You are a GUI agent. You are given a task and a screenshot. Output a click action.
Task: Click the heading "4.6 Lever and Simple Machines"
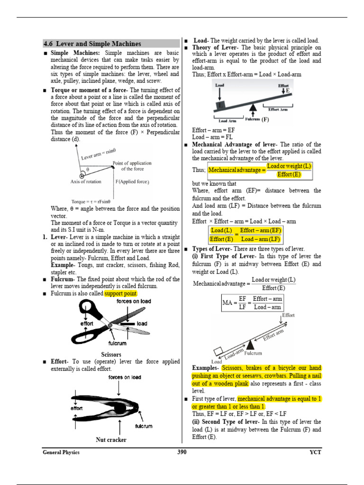tap(92, 44)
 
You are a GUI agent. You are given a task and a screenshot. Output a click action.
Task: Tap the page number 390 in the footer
tap(182, 452)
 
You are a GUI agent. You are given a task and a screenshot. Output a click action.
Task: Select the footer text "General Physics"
tap(61, 452)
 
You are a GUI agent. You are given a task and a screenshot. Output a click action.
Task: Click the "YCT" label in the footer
tap(315, 452)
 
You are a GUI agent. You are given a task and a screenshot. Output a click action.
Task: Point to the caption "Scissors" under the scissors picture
tap(111, 354)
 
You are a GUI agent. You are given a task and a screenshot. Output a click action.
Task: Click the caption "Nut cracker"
tap(111, 440)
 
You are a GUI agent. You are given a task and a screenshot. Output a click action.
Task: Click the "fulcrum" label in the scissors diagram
tap(117, 343)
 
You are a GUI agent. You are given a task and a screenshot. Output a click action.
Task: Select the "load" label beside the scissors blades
tap(142, 323)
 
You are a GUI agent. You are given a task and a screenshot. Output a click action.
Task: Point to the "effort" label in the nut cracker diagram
tap(77, 408)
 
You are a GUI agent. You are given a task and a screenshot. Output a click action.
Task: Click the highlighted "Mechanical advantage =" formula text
tap(237, 170)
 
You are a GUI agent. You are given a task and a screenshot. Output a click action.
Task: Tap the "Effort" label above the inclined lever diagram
tap(288, 315)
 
